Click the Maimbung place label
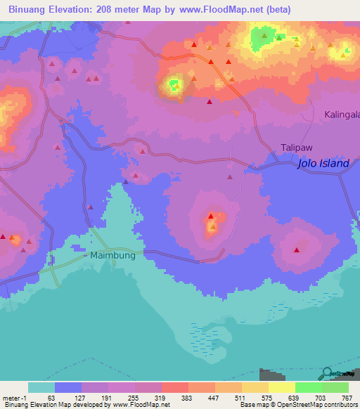point(112,256)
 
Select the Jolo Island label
point(323,164)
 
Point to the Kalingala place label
point(342,115)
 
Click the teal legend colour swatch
point(41,387)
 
